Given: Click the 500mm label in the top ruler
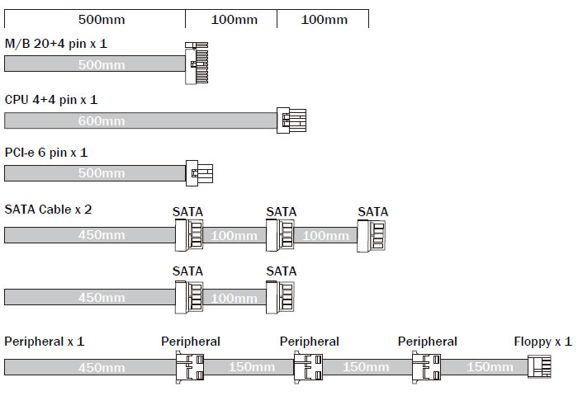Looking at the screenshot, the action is (102, 20).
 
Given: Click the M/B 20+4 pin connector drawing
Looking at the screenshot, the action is (197, 64).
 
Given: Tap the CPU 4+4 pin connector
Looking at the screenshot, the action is (291, 120).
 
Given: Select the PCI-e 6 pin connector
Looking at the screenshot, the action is (199, 172).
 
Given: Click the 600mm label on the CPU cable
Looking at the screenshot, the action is (102, 120).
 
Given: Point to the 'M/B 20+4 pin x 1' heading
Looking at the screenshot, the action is (55, 44).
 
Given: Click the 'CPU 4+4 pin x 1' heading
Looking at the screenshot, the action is (51, 100).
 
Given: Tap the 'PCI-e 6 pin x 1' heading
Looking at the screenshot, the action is (46, 153).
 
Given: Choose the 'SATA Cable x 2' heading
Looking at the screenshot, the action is (48, 210).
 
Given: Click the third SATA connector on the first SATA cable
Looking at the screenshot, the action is (372, 236).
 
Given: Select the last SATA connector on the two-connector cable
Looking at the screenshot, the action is (280, 297).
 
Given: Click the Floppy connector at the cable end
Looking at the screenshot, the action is (539, 366).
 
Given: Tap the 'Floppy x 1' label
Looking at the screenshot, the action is (542, 342).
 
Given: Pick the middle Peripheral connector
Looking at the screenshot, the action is (308, 367).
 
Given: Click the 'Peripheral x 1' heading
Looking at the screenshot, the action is (45, 342).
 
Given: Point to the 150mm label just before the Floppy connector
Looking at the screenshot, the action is (490, 367).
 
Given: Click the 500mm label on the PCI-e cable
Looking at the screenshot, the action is (102, 173).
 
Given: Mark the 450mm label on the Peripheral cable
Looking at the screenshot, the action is (102, 368).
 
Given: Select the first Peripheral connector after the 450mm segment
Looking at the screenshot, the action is (190, 367).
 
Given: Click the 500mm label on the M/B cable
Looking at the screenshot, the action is (102, 65).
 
